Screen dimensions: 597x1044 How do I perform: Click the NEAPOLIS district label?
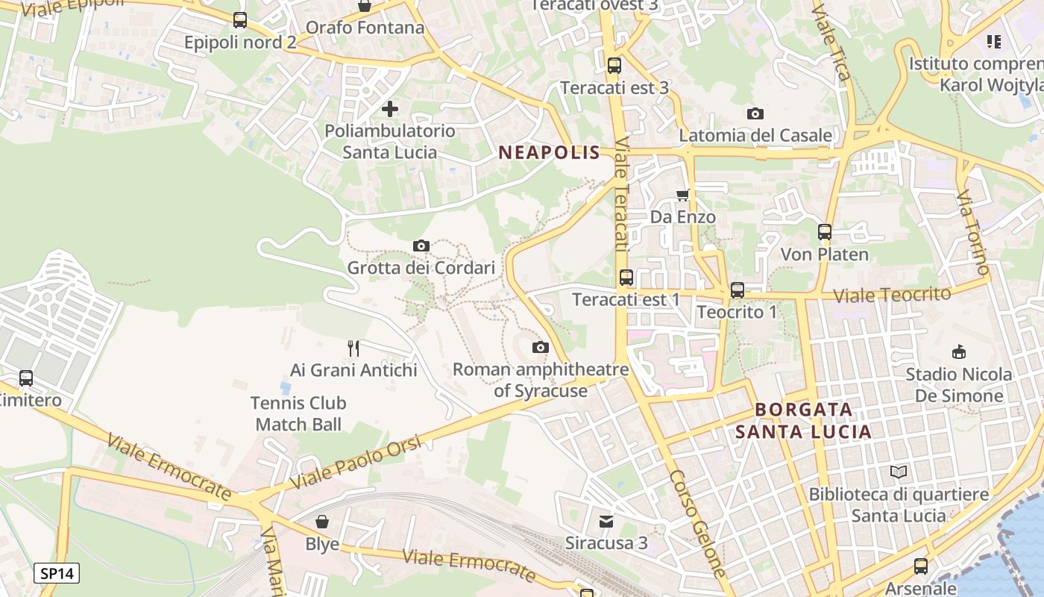coord(549,153)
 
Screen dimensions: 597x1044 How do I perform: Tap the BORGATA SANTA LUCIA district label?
coord(803,421)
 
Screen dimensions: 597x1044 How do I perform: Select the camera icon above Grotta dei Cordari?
coord(421,246)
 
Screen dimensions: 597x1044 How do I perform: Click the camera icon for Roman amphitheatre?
coord(541,347)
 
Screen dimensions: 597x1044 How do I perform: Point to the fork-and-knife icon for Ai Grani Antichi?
coord(353,348)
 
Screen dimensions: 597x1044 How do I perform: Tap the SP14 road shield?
coord(57,574)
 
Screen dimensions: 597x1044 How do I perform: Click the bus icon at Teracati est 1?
coord(626,278)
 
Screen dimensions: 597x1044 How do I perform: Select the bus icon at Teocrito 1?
coord(738,290)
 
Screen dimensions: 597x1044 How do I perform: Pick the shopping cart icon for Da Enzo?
coord(682,196)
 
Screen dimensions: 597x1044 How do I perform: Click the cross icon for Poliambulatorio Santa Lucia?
coord(389,110)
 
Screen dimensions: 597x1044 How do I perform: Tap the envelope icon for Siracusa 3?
coord(606,521)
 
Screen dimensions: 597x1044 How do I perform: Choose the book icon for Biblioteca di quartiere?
coord(899,472)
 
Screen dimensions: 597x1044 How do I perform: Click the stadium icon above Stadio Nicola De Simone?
coord(959,351)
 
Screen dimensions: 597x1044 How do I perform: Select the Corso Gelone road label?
coord(697,522)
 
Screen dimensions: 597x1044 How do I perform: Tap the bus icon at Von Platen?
coord(824,232)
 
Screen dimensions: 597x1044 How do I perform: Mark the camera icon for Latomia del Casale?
coord(755,113)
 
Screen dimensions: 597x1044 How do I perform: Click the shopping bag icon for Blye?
coord(322,521)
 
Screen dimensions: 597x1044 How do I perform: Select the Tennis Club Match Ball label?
coord(298,413)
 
